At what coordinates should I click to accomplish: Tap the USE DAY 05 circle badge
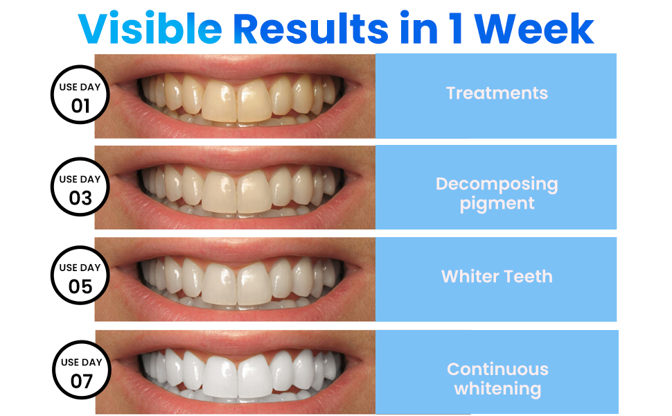pos(81,277)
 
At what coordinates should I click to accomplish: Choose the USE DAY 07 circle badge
pos(81,372)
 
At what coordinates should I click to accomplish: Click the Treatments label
pos(497,93)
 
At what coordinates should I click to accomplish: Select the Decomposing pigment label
pos(497,193)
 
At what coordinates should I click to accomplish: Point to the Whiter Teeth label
pos(497,276)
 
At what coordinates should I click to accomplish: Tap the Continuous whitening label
pos(497,379)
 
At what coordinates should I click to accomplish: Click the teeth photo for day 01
pos(236,96)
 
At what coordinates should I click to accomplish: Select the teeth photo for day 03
pos(236,187)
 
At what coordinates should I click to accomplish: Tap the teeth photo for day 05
pos(236,279)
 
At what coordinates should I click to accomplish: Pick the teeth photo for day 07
pos(236,372)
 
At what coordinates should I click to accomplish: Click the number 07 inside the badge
pos(81,381)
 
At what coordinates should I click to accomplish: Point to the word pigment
pos(497,204)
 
